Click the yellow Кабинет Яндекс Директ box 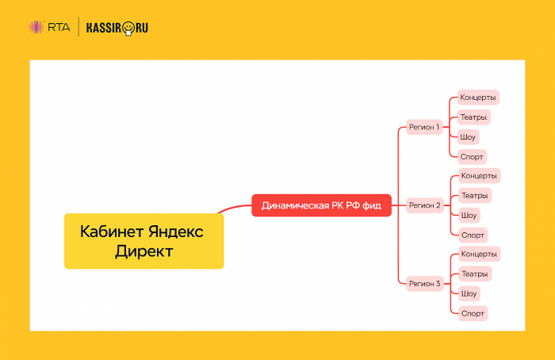coord(144,241)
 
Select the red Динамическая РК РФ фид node coord(321,205)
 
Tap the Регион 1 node coord(424,127)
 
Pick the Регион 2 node coord(424,205)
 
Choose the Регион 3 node coord(424,283)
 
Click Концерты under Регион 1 coord(479,98)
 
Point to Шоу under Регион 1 coord(469,136)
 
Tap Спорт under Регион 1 coord(472,156)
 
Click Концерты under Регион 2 coord(479,175)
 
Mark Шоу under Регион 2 coord(469,215)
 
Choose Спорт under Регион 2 coord(472,235)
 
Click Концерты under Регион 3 coord(479,254)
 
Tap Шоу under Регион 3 coord(469,293)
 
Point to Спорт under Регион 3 coord(472,313)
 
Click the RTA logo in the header coord(49,28)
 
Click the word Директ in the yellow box coord(144,251)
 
